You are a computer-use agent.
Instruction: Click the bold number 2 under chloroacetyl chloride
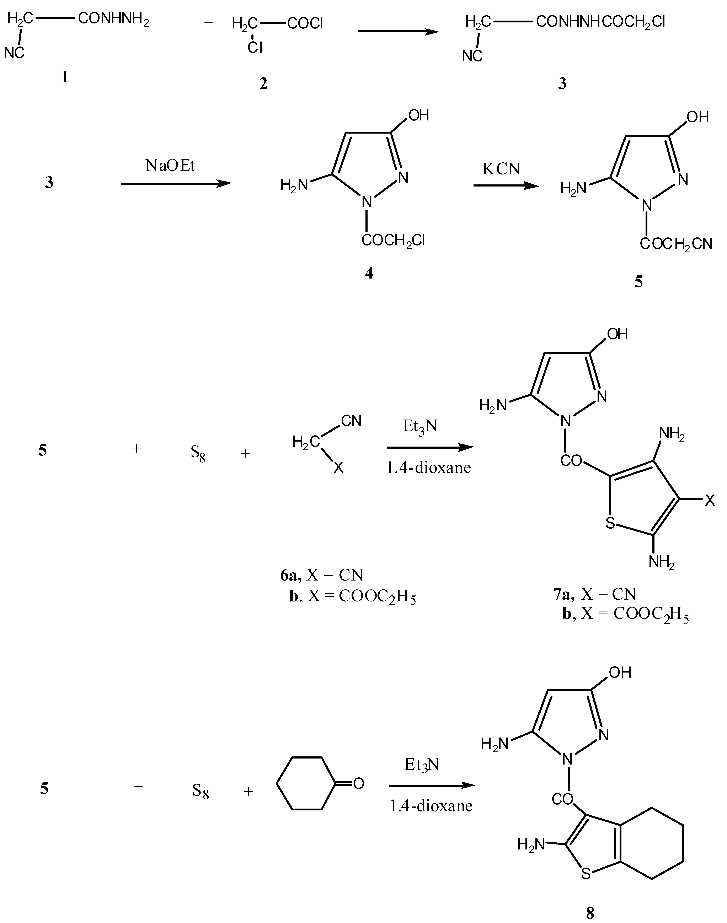(x=263, y=84)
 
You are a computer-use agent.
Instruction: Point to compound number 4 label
(x=369, y=273)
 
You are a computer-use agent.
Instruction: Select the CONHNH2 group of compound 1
(x=113, y=19)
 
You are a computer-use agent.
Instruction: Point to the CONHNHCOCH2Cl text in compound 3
(x=600, y=22)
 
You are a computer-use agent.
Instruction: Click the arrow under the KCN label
(x=506, y=185)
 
